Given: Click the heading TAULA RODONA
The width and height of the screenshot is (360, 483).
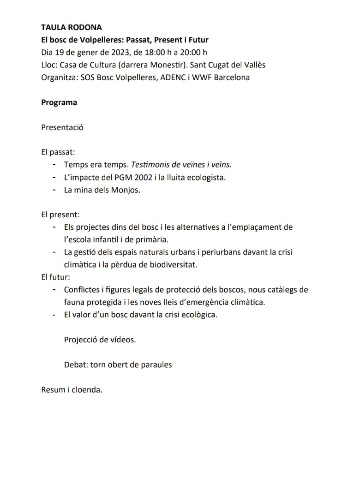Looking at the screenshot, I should coord(72,28).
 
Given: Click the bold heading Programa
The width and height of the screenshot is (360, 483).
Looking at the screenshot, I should coord(59,102).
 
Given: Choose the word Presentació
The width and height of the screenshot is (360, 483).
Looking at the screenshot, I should coord(62,127).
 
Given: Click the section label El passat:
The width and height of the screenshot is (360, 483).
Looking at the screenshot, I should coord(58,152).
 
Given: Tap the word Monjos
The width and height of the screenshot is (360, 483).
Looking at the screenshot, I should coord(124,190).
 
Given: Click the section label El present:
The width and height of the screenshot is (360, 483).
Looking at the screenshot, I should coord(60,215).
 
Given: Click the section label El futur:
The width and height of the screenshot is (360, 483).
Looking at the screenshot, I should coord(55,277).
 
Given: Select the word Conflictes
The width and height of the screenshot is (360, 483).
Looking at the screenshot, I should coord(81,290).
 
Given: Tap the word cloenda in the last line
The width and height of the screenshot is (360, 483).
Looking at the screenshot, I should coord(87,390).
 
